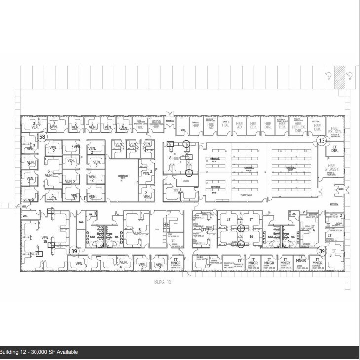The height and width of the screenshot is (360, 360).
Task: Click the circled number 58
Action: (x=42, y=137)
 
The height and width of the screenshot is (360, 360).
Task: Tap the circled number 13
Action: (x=322, y=141)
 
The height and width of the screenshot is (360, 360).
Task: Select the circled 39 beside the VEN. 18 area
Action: (x=74, y=251)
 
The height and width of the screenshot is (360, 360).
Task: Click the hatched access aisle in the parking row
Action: (x=339, y=78)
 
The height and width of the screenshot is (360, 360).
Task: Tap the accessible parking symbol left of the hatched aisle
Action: (x=328, y=75)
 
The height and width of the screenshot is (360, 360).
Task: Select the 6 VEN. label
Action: (x=49, y=173)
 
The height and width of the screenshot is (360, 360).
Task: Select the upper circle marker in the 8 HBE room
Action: (x=186, y=143)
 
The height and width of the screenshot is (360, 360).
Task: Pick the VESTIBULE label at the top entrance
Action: (x=170, y=120)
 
